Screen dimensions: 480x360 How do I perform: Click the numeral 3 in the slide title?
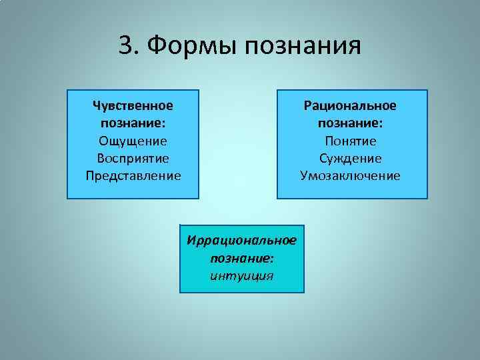click(x=126, y=46)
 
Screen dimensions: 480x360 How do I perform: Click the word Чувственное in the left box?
click(x=133, y=106)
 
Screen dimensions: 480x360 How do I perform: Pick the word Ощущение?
click(x=133, y=141)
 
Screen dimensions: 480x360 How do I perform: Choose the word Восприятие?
click(x=133, y=159)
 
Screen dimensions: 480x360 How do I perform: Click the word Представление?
click(x=133, y=176)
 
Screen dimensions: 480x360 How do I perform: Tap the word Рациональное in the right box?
click(x=351, y=106)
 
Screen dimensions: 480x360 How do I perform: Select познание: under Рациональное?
click(x=351, y=123)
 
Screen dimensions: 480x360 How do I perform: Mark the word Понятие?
click(x=351, y=141)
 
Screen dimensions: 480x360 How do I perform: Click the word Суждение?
click(x=351, y=159)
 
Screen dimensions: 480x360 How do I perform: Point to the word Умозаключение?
click(x=351, y=176)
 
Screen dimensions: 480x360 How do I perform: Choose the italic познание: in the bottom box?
click(x=242, y=257)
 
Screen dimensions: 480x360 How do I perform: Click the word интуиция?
click(x=241, y=275)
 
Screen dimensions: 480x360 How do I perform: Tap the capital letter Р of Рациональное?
click(x=307, y=106)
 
